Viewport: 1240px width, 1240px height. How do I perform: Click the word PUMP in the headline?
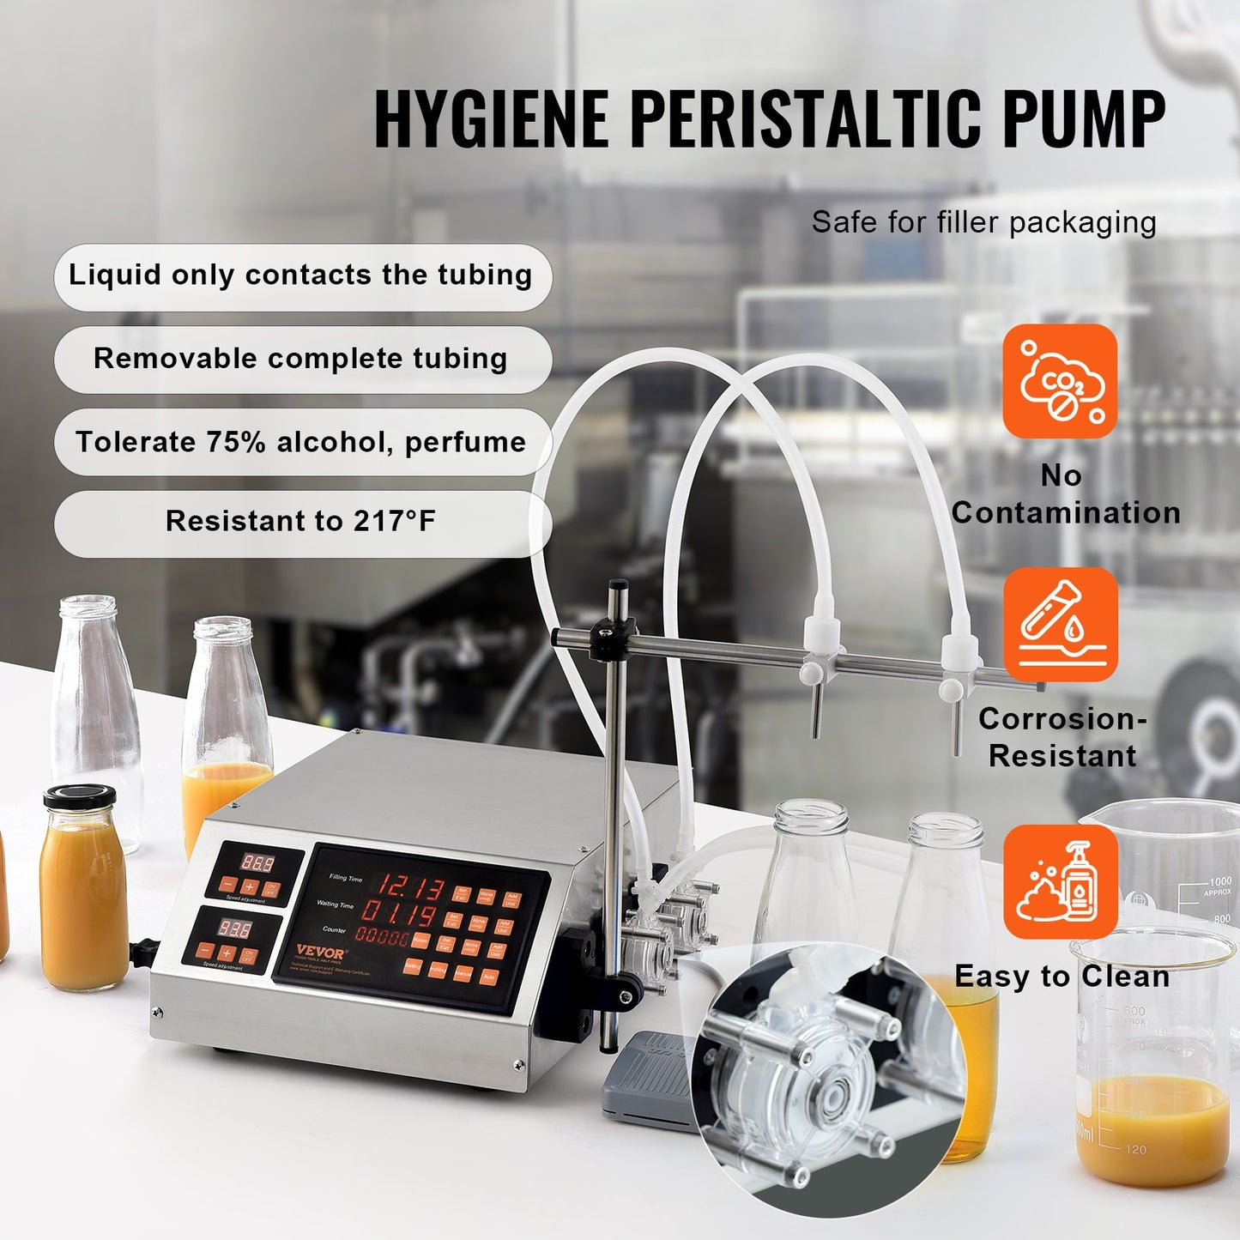1083,118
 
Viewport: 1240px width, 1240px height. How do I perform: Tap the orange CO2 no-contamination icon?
1060,381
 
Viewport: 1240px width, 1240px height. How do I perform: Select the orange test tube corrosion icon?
1060,624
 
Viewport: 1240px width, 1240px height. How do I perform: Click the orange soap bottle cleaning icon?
1060,881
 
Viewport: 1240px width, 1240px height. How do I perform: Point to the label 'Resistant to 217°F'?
301,522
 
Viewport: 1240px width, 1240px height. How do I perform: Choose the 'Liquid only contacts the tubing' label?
301,275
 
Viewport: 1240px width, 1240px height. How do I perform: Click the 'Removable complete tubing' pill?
301,359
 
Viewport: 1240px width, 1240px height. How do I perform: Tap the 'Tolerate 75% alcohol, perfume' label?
301,442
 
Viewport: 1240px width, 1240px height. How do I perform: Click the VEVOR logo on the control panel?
320,953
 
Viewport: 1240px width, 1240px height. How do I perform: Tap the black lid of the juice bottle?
80,796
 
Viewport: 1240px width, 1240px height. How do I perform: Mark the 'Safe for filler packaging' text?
983,222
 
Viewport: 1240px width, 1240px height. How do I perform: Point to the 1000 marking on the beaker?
1219,882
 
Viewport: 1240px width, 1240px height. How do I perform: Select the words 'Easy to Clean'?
1062,977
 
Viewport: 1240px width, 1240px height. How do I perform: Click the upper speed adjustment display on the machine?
257,862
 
